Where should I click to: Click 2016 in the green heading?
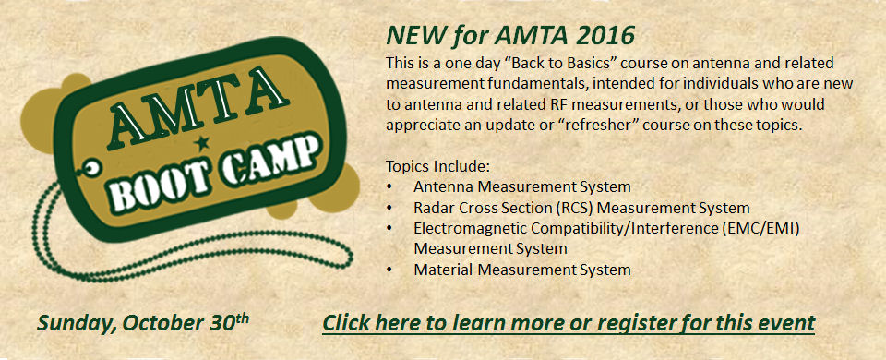click(x=604, y=37)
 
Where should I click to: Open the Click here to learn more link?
click(x=569, y=323)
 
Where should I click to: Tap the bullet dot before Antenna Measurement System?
click(x=391, y=186)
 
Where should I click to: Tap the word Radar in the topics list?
click(x=434, y=208)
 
